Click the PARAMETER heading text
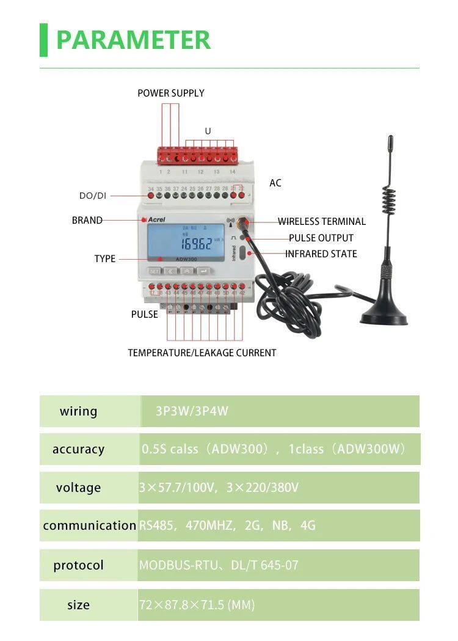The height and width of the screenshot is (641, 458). (133, 40)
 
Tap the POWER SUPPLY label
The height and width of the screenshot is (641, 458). (170, 93)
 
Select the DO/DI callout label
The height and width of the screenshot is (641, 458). (93, 196)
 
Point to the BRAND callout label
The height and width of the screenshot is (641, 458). (87, 220)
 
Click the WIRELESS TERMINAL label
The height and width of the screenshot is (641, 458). (322, 221)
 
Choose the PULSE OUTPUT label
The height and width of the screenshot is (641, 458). (321, 238)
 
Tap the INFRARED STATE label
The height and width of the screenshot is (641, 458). (321, 254)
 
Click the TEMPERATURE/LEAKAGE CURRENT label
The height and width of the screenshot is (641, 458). (202, 353)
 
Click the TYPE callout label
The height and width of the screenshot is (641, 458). (105, 258)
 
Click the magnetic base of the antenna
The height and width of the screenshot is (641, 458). (383, 315)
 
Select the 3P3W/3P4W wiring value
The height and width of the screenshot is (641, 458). (192, 411)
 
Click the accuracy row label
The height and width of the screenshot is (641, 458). (78, 449)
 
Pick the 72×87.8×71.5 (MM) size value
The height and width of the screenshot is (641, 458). (197, 605)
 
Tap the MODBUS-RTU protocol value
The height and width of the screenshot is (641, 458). (178, 565)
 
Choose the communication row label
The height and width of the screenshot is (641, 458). (89, 526)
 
